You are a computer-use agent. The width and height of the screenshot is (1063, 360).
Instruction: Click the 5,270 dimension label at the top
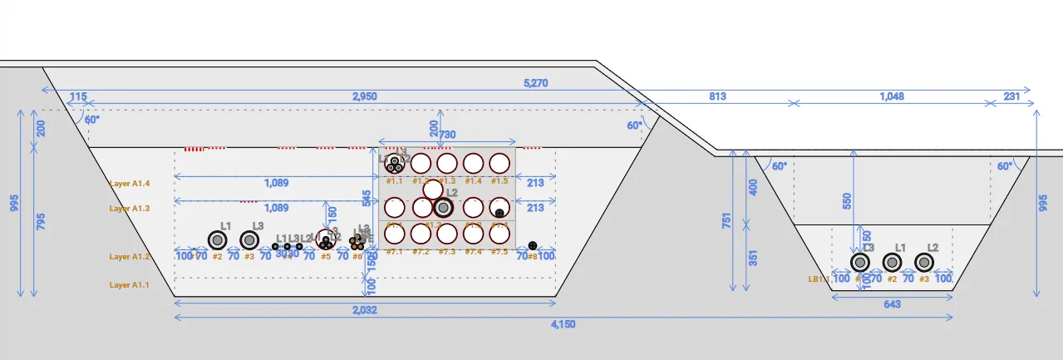coord(535,83)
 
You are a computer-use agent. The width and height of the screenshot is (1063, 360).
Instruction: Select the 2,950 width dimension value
coord(364,97)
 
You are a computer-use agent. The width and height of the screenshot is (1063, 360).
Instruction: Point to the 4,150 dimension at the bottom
coord(563,324)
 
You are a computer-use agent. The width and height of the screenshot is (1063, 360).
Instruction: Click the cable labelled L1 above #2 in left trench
coord(218,240)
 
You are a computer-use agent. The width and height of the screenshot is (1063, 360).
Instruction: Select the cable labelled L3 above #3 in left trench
coord(249,240)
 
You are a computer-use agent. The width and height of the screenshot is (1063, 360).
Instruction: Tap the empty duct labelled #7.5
coord(499,234)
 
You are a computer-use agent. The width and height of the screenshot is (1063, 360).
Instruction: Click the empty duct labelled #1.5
coord(499,163)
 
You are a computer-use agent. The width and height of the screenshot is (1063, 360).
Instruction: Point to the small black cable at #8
coord(533,246)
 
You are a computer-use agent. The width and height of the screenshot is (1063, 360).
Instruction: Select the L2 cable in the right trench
coord(923,263)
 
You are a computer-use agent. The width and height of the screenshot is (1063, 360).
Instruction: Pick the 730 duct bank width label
coord(447,135)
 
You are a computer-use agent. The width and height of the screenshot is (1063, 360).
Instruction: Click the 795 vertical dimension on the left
coord(41,221)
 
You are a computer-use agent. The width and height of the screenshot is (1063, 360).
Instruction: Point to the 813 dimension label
coord(716,97)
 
